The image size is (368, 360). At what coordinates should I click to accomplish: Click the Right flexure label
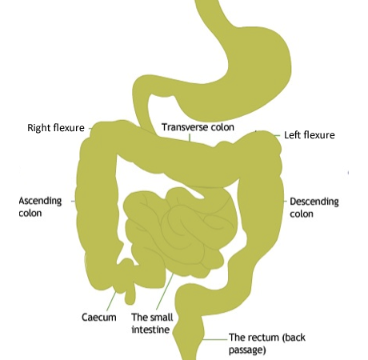click(56, 128)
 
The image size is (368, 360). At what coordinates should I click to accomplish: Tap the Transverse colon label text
click(198, 127)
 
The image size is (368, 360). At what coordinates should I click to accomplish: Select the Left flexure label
click(310, 135)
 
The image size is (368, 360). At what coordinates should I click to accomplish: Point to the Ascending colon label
click(40, 207)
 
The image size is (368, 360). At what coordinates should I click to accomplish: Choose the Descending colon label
click(314, 208)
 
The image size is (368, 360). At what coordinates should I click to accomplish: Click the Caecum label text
click(99, 318)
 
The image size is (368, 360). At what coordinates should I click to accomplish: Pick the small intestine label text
click(152, 323)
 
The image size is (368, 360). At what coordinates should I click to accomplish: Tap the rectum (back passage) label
click(267, 343)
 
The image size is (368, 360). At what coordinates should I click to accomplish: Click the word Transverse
click(185, 127)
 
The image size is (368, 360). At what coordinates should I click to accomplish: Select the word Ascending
click(40, 201)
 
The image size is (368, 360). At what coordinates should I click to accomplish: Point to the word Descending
click(314, 202)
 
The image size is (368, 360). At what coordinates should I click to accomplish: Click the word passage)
click(247, 350)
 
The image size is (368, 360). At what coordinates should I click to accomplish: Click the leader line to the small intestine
click(165, 291)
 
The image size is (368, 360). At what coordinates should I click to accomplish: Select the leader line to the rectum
click(215, 339)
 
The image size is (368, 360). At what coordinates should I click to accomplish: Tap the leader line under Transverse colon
click(190, 138)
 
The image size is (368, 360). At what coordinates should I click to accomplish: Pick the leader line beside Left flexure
click(278, 135)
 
